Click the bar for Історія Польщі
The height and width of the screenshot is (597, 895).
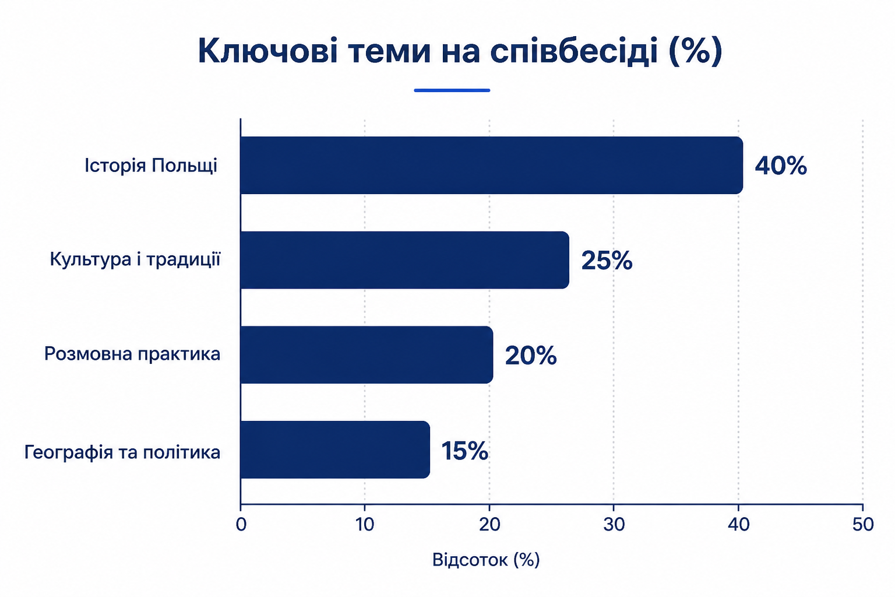[x=492, y=165]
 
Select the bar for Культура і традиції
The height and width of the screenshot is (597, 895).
[x=405, y=260]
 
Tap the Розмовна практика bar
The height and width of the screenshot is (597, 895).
[x=367, y=354]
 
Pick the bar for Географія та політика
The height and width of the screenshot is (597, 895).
[x=335, y=449]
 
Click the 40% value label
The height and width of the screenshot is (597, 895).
[x=781, y=166]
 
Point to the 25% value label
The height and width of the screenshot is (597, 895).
[x=607, y=260]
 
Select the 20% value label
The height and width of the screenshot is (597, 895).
[x=531, y=355]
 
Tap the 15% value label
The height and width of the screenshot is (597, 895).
[x=464, y=451]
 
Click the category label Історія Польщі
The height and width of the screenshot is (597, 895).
[x=151, y=166]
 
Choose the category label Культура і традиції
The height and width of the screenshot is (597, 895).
[x=135, y=259]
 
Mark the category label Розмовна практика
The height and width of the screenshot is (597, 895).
[x=132, y=354]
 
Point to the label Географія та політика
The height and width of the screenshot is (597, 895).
[x=122, y=452]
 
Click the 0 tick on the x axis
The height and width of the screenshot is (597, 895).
[x=241, y=524]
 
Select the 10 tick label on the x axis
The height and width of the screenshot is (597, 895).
[x=365, y=524]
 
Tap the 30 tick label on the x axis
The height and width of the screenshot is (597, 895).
[x=614, y=524]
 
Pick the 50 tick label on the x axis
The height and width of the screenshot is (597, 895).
[x=863, y=524]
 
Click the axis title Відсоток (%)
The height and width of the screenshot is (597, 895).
[x=486, y=560]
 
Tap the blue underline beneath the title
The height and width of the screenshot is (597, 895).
[x=452, y=90]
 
